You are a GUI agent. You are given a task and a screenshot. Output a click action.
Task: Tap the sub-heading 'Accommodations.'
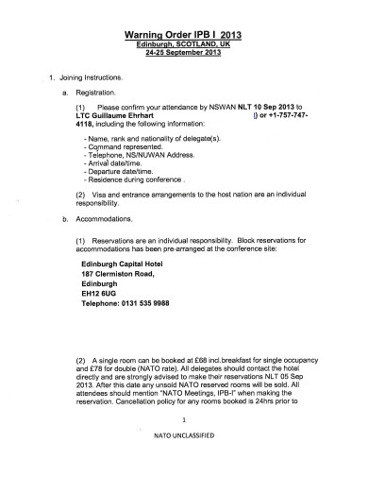100,218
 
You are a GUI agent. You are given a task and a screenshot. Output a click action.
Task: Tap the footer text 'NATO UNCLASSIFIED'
184,464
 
